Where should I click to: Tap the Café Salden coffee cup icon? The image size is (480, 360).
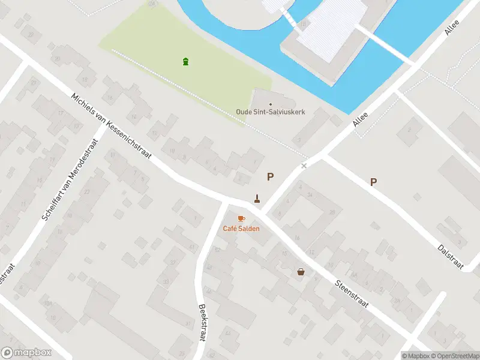click(x=241, y=218)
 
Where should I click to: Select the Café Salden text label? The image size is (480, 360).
click(x=241, y=229)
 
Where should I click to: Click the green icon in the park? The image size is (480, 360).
click(x=186, y=61)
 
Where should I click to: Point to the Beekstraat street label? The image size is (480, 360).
click(x=203, y=322)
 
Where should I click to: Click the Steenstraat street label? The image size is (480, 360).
click(x=352, y=292)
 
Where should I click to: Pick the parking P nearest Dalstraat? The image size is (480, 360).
click(x=373, y=182)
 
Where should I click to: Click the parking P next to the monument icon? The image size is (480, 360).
click(x=271, y=176)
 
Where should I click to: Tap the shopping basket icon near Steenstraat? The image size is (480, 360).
click(x=301, y=272)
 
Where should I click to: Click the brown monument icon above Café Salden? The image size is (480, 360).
click(x=257, y=198)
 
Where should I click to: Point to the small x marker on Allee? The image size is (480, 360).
click(x=304, y=166)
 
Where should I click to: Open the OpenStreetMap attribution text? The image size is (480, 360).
click(x=454, y=356)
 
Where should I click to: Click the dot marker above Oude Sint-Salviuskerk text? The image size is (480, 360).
click(x=270, y=104)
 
